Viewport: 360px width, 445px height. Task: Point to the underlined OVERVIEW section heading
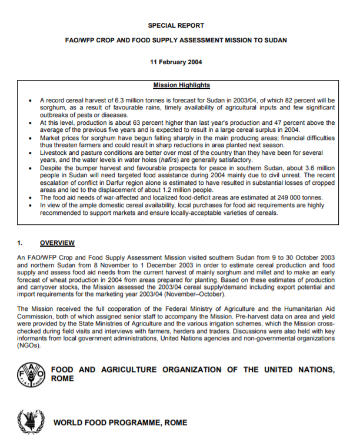point(57,242)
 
